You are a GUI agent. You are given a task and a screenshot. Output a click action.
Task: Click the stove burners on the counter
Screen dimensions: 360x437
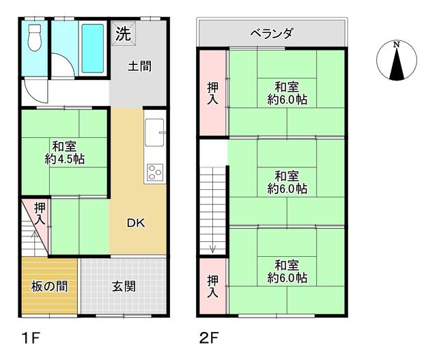point(154,171)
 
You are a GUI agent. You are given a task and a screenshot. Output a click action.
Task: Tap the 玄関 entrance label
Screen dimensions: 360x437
point(124,286)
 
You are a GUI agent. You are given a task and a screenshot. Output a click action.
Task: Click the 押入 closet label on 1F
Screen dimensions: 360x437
point(40,214)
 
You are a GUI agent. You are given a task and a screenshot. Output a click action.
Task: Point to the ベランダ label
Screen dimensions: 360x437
point(271,33)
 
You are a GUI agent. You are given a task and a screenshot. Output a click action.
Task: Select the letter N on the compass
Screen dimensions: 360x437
point(396,46)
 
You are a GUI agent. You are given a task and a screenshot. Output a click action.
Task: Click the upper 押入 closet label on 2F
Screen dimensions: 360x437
point(213,94)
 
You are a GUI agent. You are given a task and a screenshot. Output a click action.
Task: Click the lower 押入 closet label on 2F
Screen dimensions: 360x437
point(213,286)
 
